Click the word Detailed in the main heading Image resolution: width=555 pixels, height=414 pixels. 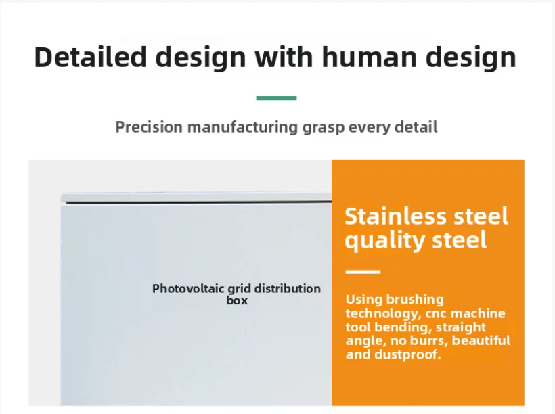coord(90,57)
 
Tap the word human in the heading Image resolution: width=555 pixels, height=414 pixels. coord(369,57)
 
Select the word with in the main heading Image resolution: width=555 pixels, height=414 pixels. coord(284,57)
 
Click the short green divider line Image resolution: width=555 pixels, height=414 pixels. coord(276,98)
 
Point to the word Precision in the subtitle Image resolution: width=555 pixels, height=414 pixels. coord(149,127)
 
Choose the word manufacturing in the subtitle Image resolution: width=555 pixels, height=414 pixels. coord(242,127)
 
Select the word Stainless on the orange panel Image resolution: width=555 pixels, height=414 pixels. coord(396,216)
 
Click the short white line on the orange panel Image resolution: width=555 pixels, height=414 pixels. coord(363,272)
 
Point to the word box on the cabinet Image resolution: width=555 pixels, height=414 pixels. coord(237,300)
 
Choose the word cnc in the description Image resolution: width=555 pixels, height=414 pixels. coord(436,314)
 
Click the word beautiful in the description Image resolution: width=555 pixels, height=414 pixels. coord(481,340)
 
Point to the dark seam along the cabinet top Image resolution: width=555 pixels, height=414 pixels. coord(198,202)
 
